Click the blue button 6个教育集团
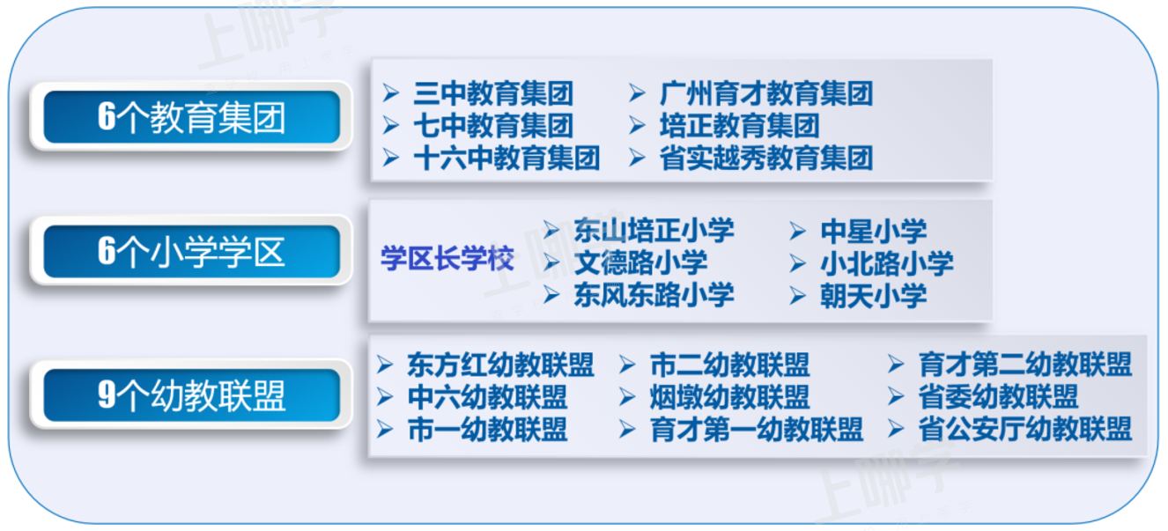[x=191, y=117]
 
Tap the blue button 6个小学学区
[x=191, y=251]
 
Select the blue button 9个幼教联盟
[x=191, y=395]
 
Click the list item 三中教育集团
[x=493, y=93]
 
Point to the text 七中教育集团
[x=493, y=126]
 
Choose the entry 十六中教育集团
[x=506, y=158]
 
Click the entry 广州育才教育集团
[x=766, y=93]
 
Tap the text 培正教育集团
[x=739, y=126]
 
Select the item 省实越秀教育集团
[x=766, y=158]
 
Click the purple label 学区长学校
[x=447, y=258]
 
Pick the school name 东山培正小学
[x=654, y=231]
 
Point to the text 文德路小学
[x=641, y=262]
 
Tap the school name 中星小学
[x=874, y=231]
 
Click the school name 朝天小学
[x=874, y=296]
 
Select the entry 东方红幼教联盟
[x=500, y=365]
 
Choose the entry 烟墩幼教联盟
[x=729, y=397]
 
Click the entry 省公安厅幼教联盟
[x=1025, y=429]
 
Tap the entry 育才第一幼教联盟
[x=756, y=430]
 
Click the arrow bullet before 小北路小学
[x=798, y=263]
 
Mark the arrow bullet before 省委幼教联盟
[x=896, y=396]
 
